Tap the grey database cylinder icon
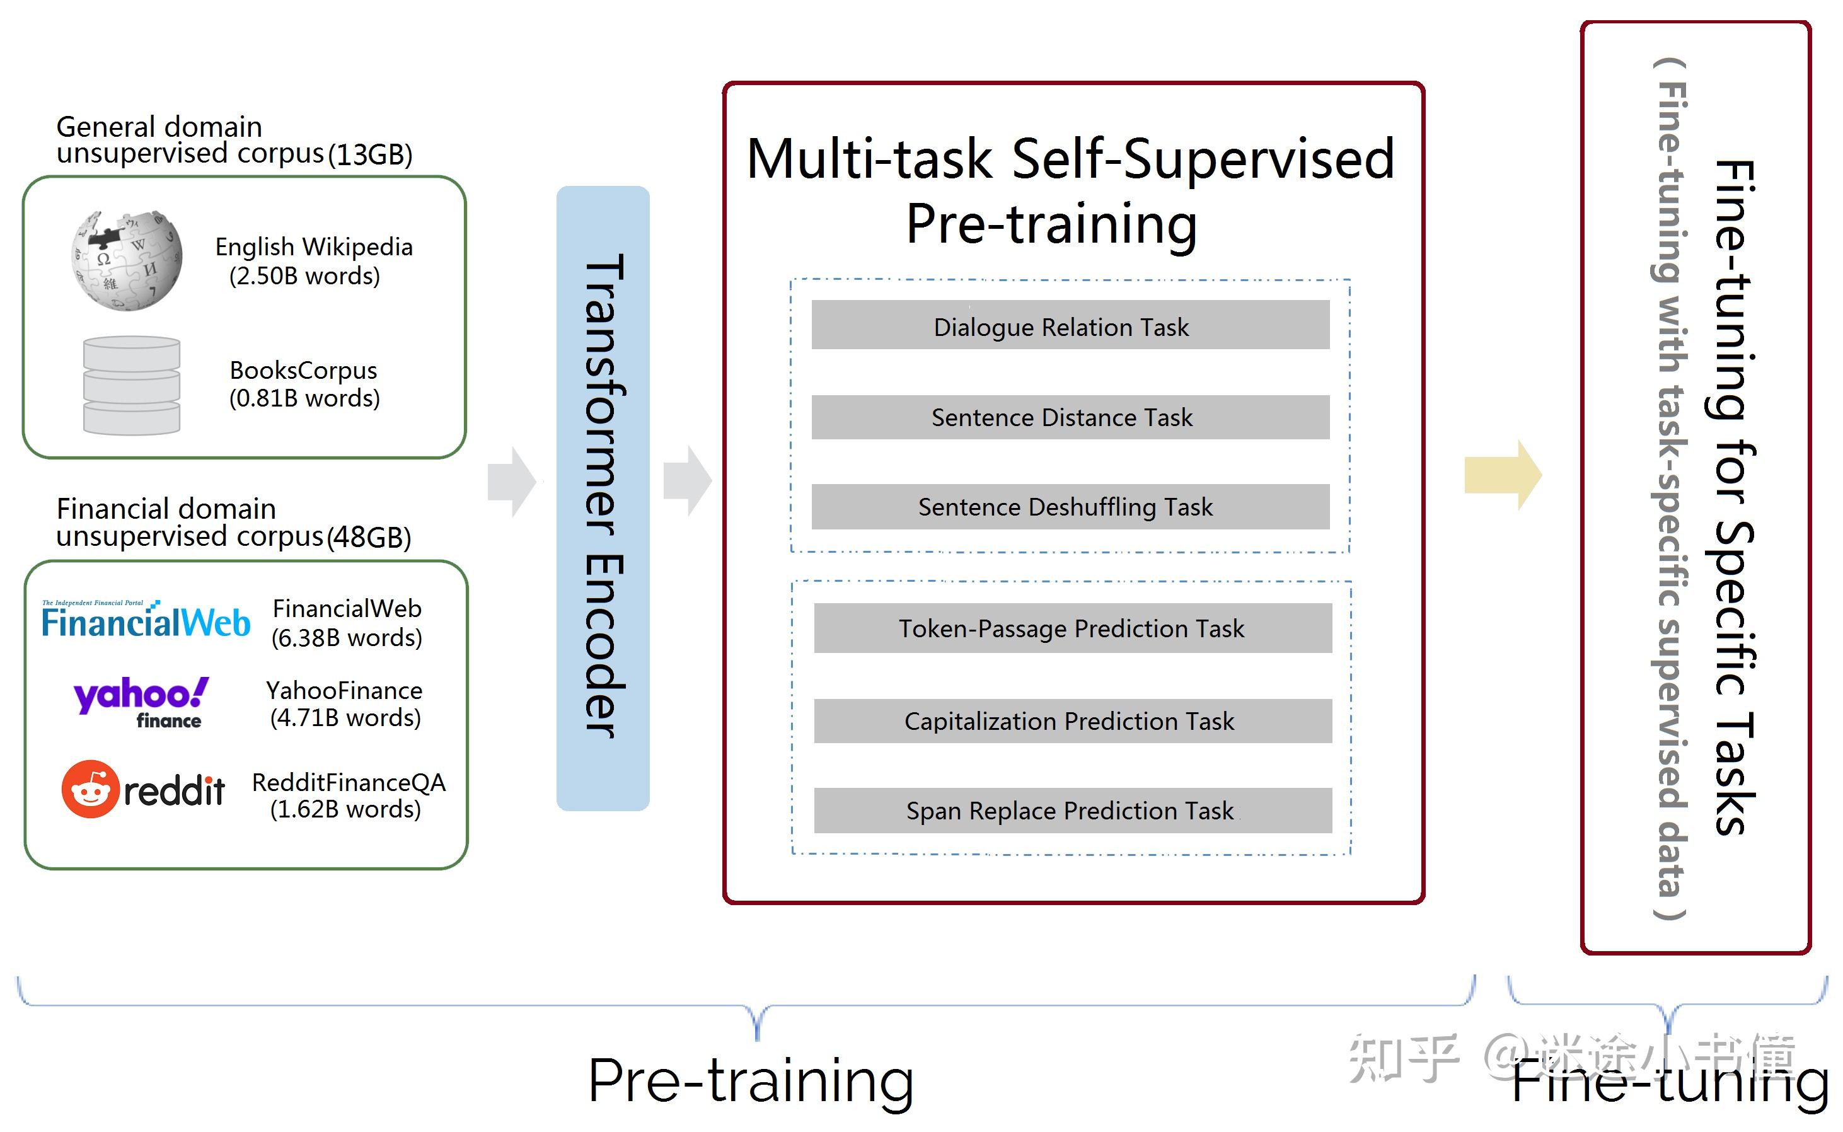click(x=131, y=386)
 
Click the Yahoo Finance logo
click(x=141, y=702)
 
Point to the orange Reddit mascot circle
click(x=91, y=789)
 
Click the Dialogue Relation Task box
click(x=1070, y=325)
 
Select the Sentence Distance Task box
click(x=1070, y=417)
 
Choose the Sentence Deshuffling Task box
click(x=1070, y=507)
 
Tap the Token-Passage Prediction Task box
click(x=1072, y=628)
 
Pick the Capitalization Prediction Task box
click(x=1072, y=721)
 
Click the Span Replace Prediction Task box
click(x=1072, y=811)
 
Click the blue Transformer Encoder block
click(x=603, y=498)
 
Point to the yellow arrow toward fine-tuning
click(x=1501, y=475)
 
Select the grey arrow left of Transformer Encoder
click(x=511, y=482)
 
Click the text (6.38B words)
click(x=347, y=638)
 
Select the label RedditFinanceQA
click(x=348, y=782)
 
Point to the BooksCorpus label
click(x=303, y=370)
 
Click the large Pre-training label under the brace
click(x=751, y=1080)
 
